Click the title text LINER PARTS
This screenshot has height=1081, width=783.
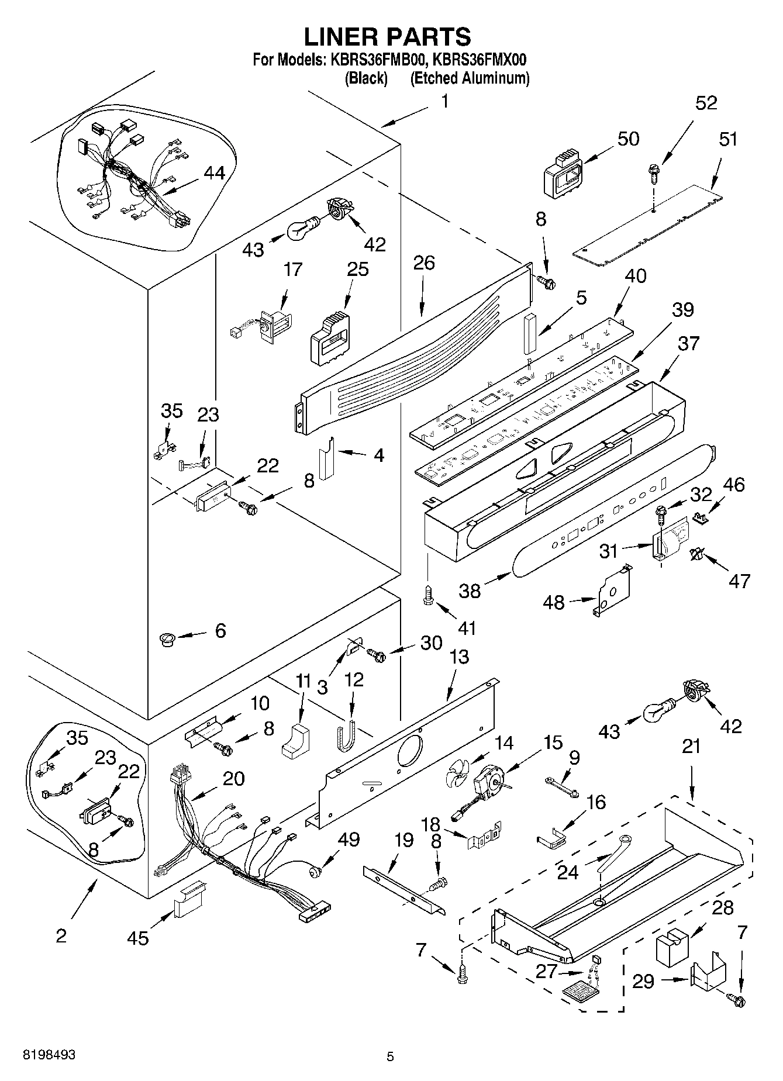387,37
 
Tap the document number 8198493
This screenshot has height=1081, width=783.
49,1055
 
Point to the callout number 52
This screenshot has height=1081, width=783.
706,103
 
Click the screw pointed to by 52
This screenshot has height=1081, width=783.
653,172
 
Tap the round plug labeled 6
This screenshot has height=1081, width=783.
168,638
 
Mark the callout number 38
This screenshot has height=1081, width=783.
470,590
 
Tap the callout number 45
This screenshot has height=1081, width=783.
138,937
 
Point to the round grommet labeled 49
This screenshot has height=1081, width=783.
315,872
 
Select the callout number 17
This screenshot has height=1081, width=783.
293,270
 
